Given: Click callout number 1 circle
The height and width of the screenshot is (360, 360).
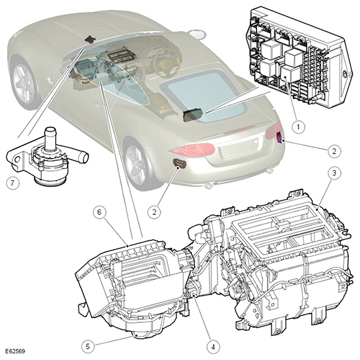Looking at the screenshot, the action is pyautogui.click(x=299, y=126).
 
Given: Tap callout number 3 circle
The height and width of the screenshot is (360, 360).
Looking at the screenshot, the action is pyautogui.click(x=334, y=173).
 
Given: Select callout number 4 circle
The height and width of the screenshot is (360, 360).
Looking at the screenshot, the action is pyautogui.click(x=213, y=346).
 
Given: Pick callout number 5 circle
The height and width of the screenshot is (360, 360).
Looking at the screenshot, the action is pyautogui.click(x=88, y=346).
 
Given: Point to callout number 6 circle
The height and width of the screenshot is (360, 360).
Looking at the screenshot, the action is pyautogui.click(x=99, y=212).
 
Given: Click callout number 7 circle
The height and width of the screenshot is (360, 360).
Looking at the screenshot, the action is pyautogui.click(x=12, y=183).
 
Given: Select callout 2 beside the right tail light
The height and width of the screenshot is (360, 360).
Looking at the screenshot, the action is pyautogui.click(x=334, y=151).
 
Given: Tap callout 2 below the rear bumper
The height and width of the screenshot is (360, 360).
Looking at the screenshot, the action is pyautogui.click(x=154, y=212).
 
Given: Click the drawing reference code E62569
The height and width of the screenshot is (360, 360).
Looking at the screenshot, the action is pyautogui.click(x=15, y=351).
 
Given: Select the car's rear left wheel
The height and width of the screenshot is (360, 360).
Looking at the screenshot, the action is pyautogui.click(x=136, y=164).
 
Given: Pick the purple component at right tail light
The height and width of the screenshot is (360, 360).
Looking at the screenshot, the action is pyautogui.click(x=280, y=138).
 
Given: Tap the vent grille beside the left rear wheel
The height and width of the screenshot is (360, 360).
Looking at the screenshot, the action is pyautogui.click(x=179, y=164).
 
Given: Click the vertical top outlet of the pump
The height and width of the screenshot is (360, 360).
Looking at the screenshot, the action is pyautogui.click(x=50, y=139).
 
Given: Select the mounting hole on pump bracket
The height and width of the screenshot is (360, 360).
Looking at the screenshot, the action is pyautogui.click(x=17, y=159).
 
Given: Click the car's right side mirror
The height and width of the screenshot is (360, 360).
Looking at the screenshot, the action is pyautogui.click(x=196, y=33).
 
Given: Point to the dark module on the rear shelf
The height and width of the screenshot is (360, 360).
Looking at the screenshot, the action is pyautogui.click(x=193, y=115).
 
